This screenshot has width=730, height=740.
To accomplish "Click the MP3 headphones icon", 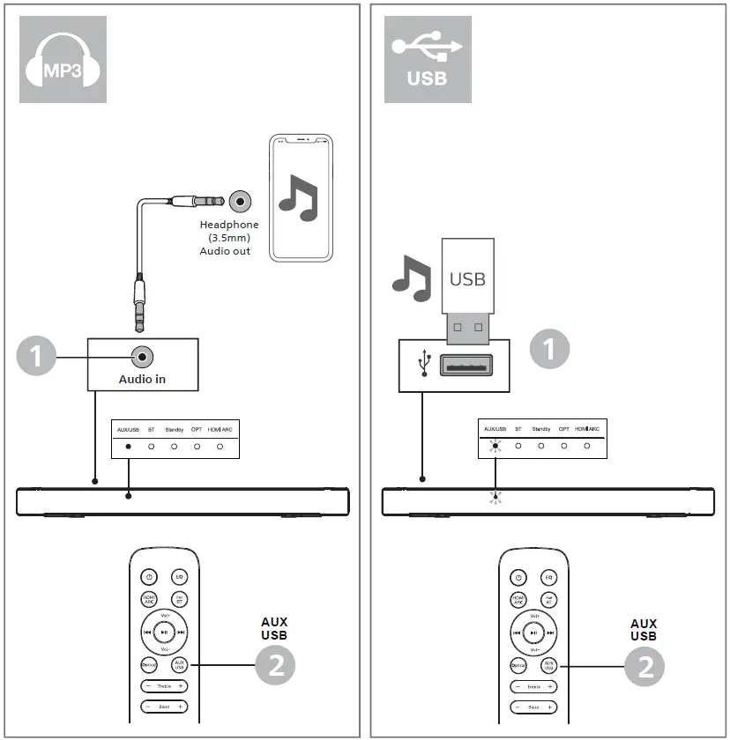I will point(63,59).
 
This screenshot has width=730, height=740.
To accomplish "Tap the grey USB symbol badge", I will point(428,59).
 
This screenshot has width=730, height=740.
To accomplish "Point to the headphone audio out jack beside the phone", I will point(239,201).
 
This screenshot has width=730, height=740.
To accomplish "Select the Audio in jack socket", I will point(142,357).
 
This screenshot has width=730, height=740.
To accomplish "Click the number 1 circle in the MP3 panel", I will point(36,357).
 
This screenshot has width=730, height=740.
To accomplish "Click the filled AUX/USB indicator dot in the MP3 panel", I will point(128,447).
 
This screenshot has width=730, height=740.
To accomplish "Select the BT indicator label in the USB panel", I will point(518,429).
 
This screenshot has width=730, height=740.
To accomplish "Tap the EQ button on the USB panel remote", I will point(548,577).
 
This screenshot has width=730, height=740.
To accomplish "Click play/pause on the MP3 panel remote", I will point(164,632).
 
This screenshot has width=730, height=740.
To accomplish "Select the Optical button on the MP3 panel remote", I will point(150,666).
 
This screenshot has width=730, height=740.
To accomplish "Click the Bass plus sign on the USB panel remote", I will point(550,707).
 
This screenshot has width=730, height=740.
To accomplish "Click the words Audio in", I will point(142,380).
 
